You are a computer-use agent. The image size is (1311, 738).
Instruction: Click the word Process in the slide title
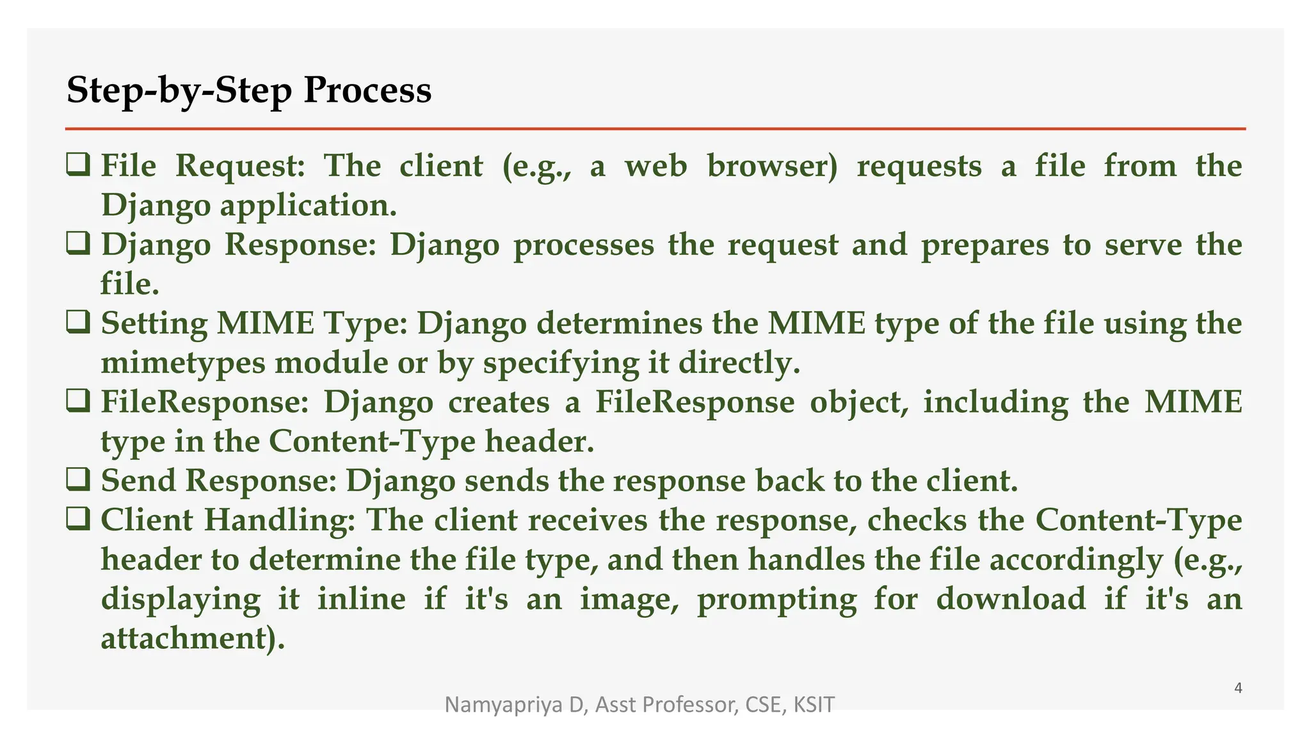367,90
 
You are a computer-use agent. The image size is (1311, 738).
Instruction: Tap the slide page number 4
1238,688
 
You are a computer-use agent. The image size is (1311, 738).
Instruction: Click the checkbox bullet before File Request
78,165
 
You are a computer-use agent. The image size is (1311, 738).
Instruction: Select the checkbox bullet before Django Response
78,244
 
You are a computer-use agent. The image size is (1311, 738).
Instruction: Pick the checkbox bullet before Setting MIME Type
78,323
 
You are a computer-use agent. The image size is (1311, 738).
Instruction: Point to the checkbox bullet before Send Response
78,480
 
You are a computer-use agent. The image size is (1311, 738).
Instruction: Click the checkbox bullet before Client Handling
78,520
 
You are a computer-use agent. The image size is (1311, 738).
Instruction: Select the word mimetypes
183,363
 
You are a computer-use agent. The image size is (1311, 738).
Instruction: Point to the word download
1011,599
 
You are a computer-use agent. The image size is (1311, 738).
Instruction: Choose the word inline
362,599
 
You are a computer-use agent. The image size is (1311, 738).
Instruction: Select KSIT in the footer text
814,705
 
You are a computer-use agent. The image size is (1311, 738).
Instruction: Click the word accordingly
1077,560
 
